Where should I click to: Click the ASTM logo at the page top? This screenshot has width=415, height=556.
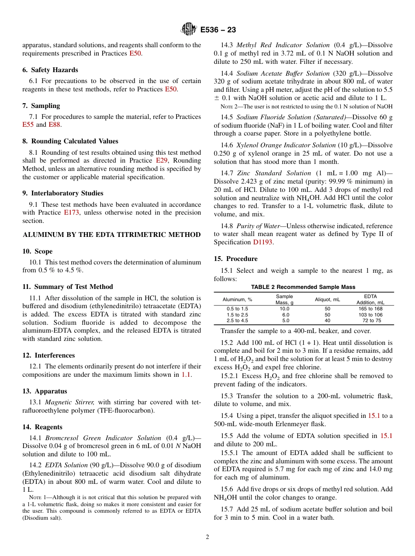point(189,29)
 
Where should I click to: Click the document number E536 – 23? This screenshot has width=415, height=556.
point(218,30)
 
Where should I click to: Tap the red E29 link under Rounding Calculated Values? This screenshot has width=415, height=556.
point(162,160)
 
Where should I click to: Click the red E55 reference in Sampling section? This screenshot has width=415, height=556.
point(28,125)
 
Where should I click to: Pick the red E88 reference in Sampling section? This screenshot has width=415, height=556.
point(55,125)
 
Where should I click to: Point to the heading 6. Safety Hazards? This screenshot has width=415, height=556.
point(50,70)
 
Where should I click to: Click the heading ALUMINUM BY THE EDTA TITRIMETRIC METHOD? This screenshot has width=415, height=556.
point(111,235)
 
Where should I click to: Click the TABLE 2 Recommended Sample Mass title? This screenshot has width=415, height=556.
point(303,287)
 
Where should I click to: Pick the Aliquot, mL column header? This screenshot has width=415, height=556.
point(328,299)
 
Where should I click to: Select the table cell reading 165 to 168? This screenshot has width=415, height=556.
point(370,309)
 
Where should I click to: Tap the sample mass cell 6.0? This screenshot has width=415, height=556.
point(285,315)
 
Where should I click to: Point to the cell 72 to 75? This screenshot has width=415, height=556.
point(372,320)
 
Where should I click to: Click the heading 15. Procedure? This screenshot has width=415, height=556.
point(235,259)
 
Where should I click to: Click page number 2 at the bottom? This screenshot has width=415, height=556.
point(207,537)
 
